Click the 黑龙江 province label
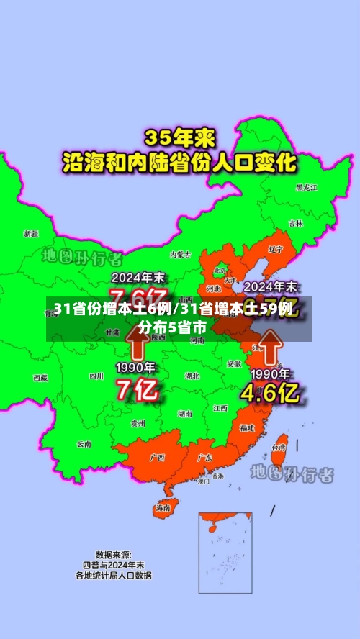tap(307, 188)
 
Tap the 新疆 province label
tap(31, 233)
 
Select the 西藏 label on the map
tap(40, 377)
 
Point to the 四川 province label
tap(96, 376)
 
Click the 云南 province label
tap(84, 444)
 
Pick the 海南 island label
tap(163, 507)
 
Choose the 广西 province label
tap(157, 458)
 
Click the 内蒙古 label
tap(180, 254)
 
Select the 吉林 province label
tap(295, 224)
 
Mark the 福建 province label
tap(247, 427)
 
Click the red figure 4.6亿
tap(270, 392)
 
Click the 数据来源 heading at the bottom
tap(113, 555)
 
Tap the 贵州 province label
tap(138, 423)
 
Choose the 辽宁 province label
tap(275, 249)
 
